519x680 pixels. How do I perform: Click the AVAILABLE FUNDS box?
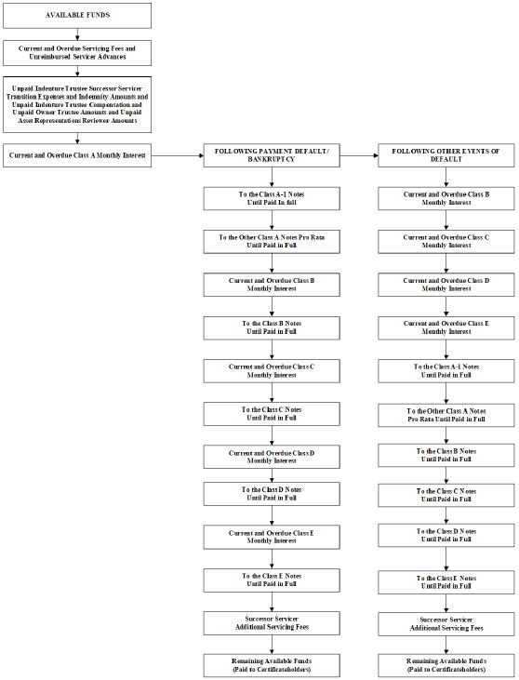77,16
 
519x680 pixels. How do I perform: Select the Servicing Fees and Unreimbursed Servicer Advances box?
77,53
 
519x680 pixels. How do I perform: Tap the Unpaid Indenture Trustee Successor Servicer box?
77,104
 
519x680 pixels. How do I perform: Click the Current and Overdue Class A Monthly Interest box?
77,155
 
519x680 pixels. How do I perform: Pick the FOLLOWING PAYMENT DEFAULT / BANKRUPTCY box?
272,155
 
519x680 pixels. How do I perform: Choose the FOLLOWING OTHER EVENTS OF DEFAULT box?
446,155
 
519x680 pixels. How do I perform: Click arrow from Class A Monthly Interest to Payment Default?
178,155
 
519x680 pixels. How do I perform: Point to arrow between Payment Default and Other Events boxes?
359,155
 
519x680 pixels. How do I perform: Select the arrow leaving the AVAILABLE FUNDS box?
77,34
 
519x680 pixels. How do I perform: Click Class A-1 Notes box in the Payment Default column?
272,199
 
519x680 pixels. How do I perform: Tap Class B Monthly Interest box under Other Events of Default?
446,199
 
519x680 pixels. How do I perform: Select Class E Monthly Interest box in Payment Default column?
272,538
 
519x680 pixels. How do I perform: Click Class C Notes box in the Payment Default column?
272,414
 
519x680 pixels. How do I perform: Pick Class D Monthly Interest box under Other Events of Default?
446,285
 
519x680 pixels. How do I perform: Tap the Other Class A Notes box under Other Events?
446,415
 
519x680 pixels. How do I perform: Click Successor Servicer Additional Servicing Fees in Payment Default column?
272,623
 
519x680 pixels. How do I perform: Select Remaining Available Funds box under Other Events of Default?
446,666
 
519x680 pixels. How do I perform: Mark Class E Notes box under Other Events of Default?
446,582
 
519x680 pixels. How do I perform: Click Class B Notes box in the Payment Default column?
272,327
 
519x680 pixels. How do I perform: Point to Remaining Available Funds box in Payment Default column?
272,666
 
